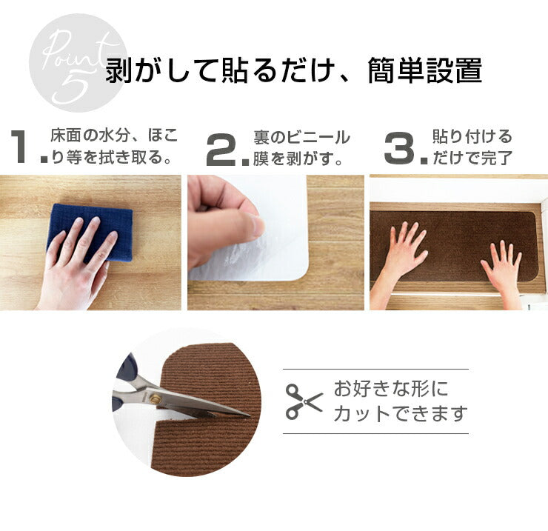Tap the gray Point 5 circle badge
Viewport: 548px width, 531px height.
pyautogui.click(x=78, y=63)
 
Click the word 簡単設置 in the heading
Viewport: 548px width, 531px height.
pyautogui.click(x=425, y=71)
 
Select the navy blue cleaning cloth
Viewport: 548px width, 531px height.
pyautogui.click(x=90, y=232)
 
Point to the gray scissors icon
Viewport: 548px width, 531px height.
pyautogui.click(x=304, y=401)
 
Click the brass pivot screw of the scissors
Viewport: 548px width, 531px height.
pyautogui.click(x=155, y=398)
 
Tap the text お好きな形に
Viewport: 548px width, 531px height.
pyautogui.click(x=391, y=389)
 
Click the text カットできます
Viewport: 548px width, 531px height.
pyautogui.click(x=401, y=413)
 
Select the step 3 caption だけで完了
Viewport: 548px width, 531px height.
pyautogui.click(x=472, y=158)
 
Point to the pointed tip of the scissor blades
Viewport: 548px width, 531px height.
pyautogui.click(x=250, y=415)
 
